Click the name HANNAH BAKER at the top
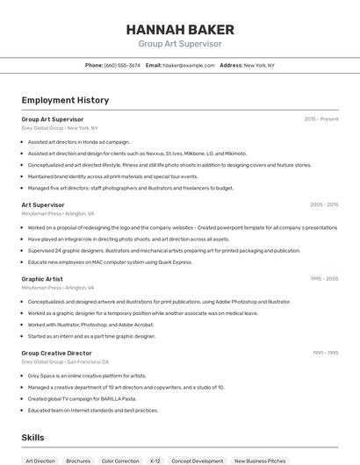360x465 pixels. (x=180, y=28)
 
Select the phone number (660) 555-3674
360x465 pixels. (x=122, y=65)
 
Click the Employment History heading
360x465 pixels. (x=65, y=100)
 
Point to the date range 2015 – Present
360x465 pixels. (x=321, y=118)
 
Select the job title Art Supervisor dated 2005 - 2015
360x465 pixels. (x=43, y=204)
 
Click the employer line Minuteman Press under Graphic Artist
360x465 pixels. (x=56, y=288)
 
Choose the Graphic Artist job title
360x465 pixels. (x=42, y=279)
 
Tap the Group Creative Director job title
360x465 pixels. (x=57, y=353)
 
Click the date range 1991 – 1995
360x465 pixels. (x=325, y=353)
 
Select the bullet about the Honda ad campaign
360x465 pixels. (x=79, y=141)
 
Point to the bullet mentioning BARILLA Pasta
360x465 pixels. (x=84, y=398)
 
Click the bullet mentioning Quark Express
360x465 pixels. (x=110, y=261)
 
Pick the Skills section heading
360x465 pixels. (x=32, y=437)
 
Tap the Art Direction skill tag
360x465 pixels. (x=40, y=461)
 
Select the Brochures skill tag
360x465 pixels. (x=78, y=461)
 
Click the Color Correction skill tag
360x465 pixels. (x=120, y=461)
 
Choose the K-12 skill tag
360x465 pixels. (x=155, y=461)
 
